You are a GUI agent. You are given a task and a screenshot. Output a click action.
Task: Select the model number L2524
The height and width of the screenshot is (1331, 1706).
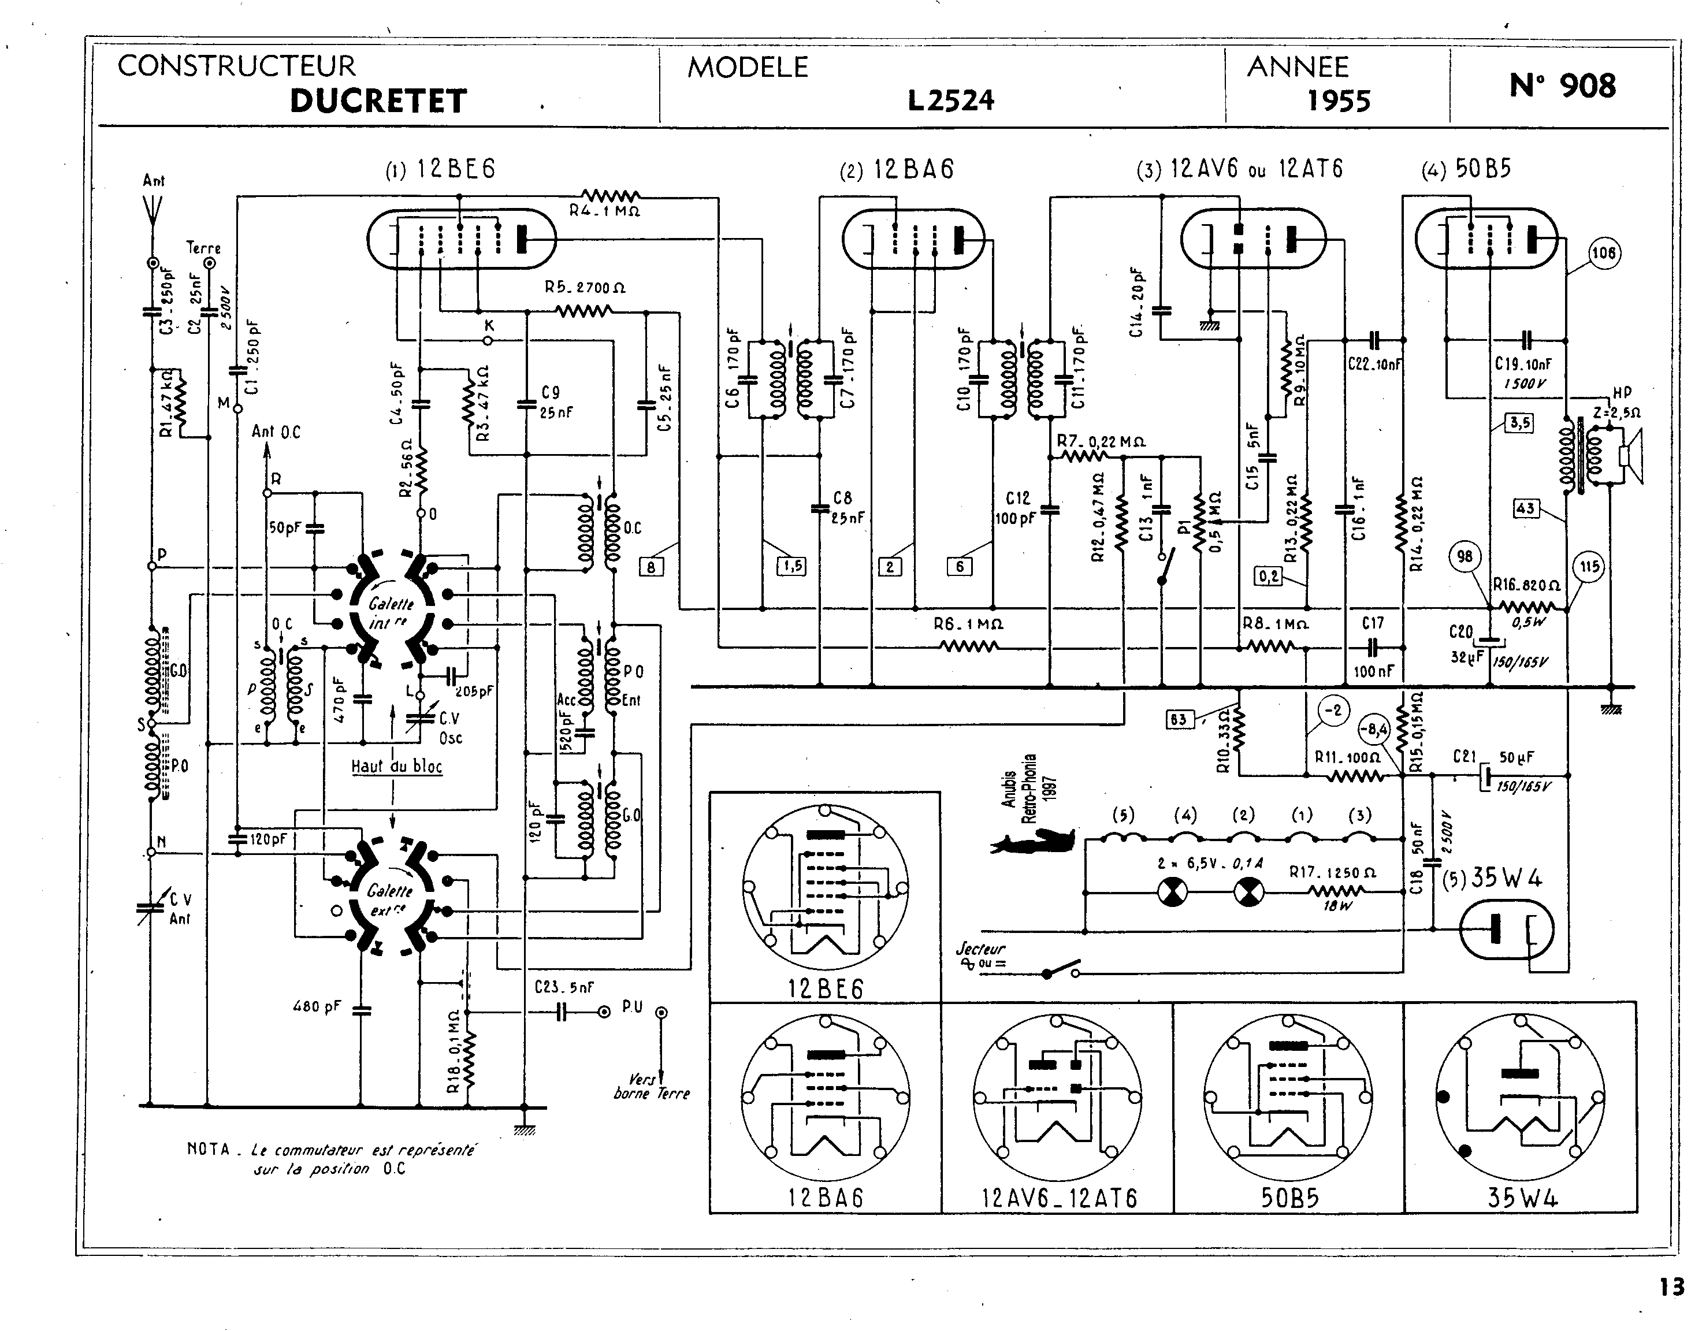click(951, 101)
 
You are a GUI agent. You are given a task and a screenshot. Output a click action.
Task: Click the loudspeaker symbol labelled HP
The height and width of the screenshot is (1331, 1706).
click(1631, 455)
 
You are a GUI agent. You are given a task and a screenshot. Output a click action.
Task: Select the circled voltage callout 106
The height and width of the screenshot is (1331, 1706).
click(1604, 253)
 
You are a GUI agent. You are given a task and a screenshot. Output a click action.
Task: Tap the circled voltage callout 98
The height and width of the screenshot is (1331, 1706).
click(1465, 556)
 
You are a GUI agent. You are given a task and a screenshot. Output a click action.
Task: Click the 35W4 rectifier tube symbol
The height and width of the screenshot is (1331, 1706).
click(1506, 930)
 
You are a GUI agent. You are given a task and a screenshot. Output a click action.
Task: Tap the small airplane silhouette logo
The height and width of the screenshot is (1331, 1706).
click(1032, 841)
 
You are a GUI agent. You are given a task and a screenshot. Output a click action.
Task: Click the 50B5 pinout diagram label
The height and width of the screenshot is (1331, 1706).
click(1289, 1198)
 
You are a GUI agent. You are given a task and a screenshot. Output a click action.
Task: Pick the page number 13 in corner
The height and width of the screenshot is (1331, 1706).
click(1672, 1287)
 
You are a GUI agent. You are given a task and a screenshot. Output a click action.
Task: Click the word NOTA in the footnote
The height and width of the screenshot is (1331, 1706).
click(209, 1149)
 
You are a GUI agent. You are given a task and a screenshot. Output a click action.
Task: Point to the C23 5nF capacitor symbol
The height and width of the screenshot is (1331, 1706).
click(561, 1012)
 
